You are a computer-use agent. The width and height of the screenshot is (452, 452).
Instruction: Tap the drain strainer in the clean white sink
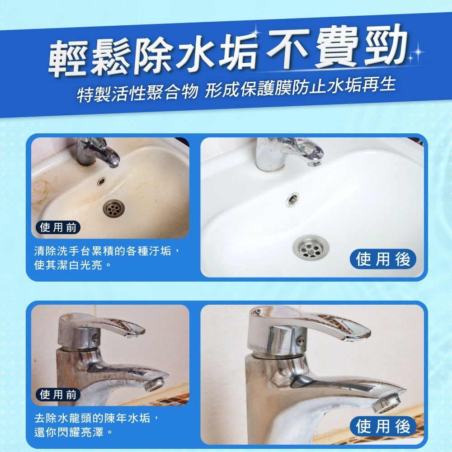click(311, 246)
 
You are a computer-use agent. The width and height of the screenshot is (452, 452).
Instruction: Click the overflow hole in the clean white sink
click(292, 198)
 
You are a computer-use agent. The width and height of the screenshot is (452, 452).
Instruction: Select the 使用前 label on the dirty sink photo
click(58, 227)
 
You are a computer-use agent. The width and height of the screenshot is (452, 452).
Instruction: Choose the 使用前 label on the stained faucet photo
click(58, 395)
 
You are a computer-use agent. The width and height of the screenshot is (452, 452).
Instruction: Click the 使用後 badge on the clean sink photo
click(383, 259)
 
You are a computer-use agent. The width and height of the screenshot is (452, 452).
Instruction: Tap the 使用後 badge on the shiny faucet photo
click(383, 426)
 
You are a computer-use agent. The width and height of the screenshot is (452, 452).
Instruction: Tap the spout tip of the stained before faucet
click(156, 385)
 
